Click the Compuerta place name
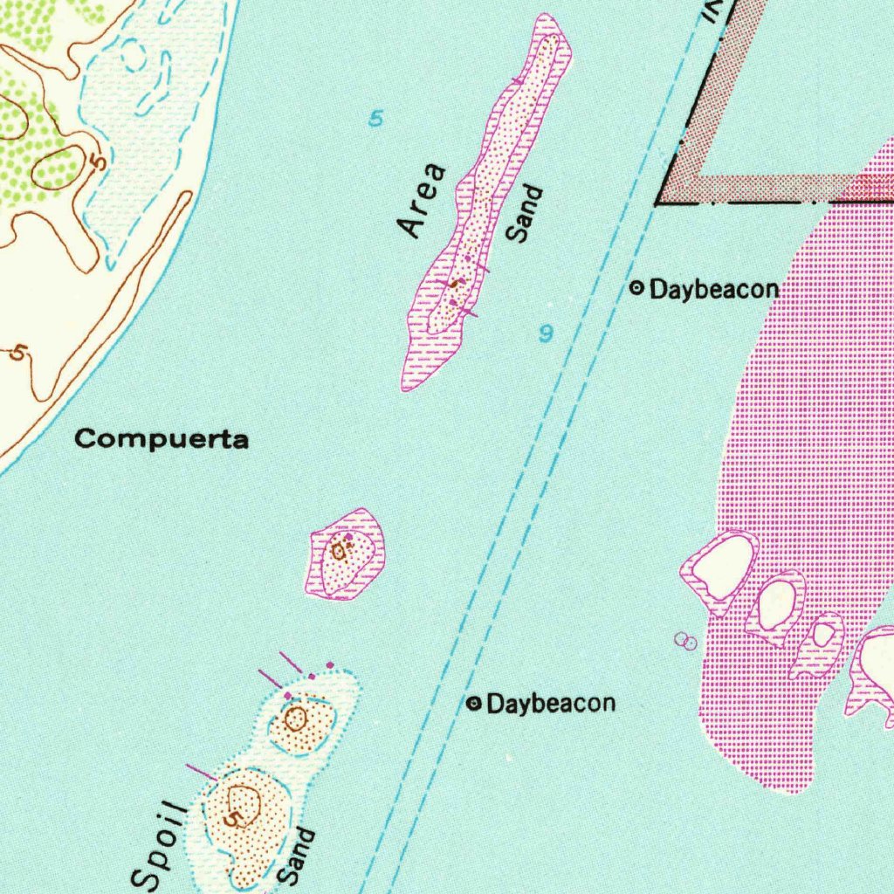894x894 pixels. click(x=162, y=438)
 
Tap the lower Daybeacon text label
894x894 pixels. click(x=551, y=703)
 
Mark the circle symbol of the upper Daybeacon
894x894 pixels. click(x=637, y=286)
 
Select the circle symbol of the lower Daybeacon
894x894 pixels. click(x=474, y=703)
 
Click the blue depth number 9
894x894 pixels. click(x=547, y=333)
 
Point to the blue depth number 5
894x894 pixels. click(x=375, y=118)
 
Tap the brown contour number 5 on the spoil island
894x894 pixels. click(x=231, y=820)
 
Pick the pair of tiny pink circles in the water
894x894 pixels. click(x=686, y=642)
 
